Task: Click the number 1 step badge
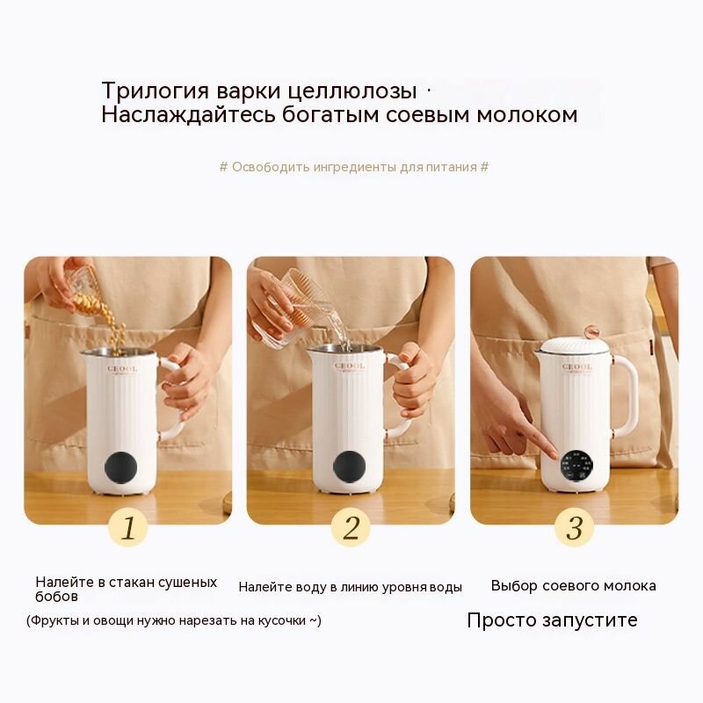click(x=127, y=527)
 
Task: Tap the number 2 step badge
click(x=351, y=527)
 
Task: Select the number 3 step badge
click(x=575, y=527)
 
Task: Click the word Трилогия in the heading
click(x=156, y=91)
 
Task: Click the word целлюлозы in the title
click(x=352, y=91)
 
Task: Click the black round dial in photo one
click(x=120, y=467)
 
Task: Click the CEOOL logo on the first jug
click(x=122, y=369)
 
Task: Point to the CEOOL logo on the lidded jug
click(x=577, y=367)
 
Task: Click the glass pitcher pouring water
click(x=297, y=309)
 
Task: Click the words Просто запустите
click(x=552, y=620)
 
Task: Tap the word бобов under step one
click(x=56, y=597)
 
